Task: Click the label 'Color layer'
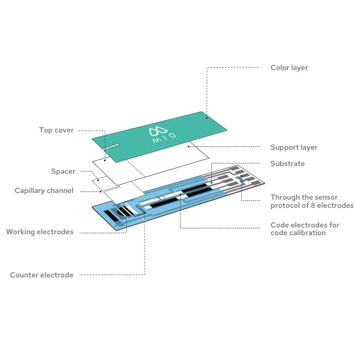point(289,68)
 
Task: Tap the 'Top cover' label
point(56,130)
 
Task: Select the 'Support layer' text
point(294,147)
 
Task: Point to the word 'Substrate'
point(287,164)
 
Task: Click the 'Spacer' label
point(63,171)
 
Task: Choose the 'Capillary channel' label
point(44,191)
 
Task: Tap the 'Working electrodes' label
point(39,232)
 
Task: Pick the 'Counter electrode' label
point(42,275)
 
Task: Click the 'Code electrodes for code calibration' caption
point(305,228)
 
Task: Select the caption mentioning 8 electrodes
point(312,201)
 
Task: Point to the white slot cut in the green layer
point(111,145)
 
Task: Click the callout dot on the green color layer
point(207,117)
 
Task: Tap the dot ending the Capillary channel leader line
point(101,191)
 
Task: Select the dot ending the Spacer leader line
point(98,180)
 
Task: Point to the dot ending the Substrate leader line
point(211,183)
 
